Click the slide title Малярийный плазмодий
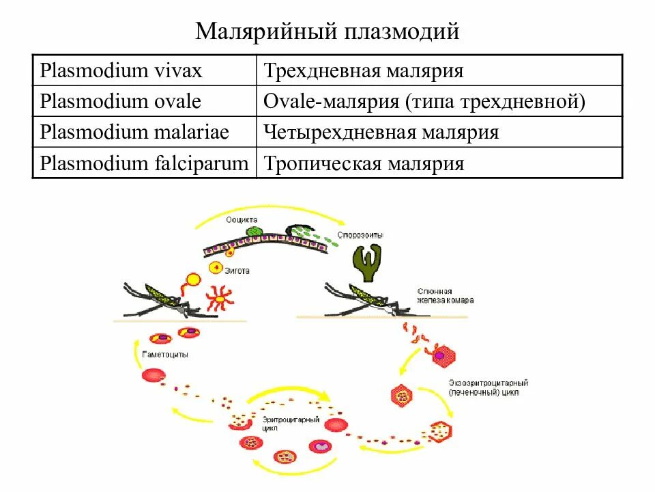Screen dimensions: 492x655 (x=327, y=31)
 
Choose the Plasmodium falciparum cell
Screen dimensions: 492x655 (x=145, y=163)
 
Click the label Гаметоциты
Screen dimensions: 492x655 (x=165, y=356)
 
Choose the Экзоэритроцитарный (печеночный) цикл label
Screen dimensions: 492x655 (x=489, y=387)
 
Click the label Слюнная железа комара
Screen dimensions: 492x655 (x=445, y=295)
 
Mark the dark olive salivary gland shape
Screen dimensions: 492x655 (x=368, y=264)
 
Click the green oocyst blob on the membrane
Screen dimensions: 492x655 (x=253, y=232)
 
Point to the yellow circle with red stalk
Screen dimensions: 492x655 (x=193, y=279)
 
